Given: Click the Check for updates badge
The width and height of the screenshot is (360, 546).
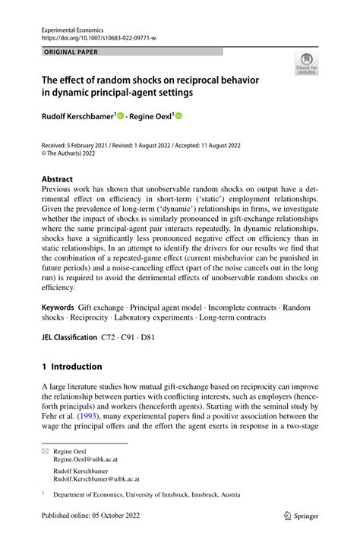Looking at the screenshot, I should (306, 64).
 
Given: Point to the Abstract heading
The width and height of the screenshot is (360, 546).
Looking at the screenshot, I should (58, 180).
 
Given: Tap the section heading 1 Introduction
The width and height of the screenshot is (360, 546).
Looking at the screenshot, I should (72, 366).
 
